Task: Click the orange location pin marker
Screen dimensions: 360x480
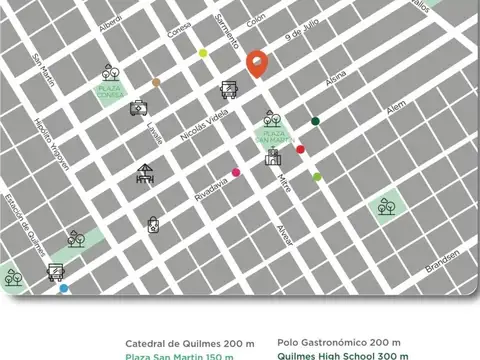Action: click(x=256, y=63)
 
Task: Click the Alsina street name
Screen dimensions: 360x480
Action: click(x=337, y=77)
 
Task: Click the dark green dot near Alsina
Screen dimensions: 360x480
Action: click(x=315, y=121)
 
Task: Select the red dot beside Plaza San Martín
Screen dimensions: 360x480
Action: click(x=300, y=150)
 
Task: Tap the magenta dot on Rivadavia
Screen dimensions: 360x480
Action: click(x=236, y=173)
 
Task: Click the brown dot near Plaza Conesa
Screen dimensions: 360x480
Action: click(x=155, y=82)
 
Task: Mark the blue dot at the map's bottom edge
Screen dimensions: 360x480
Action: click(x=64, y=288)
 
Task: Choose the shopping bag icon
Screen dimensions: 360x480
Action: click(x=153, y=225)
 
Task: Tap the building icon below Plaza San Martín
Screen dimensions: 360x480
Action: click(x=271, y=156)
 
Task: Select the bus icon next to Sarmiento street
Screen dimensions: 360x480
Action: click(x=229, y=89)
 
